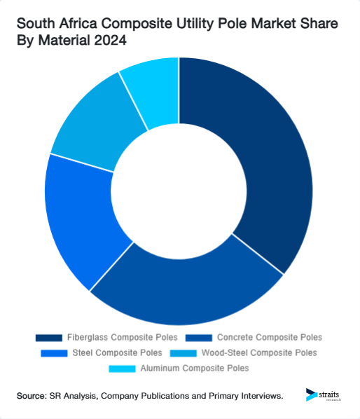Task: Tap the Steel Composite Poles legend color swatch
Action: click(56, 352)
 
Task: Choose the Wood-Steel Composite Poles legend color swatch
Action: click(185, 352)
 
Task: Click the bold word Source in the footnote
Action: click(31, 397)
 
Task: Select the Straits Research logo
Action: click(324, 396)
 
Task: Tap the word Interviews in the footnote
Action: click(259, 397)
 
